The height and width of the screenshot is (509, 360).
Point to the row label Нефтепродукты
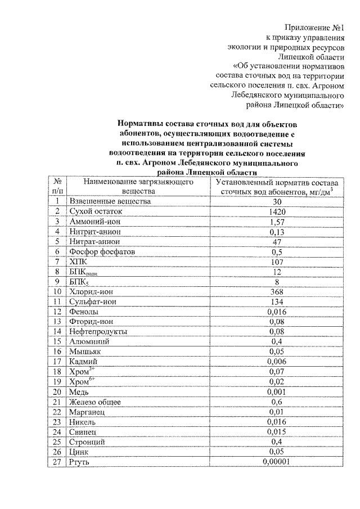(x=97, y=332)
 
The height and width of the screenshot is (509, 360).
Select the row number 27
(x=57, y=462)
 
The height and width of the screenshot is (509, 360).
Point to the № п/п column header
(x=57, y=186)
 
